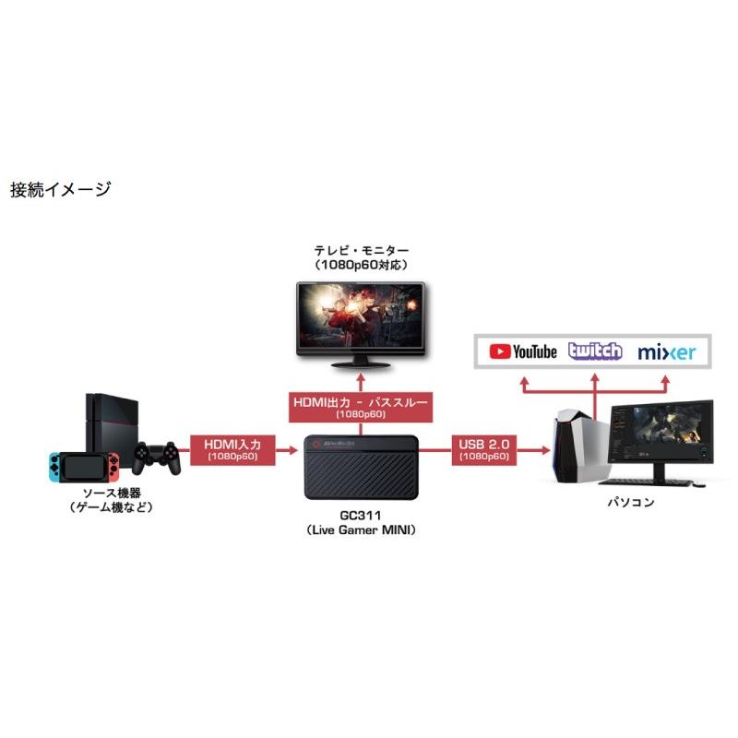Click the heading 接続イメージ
click(60, 190)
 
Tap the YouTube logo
click(523, 351)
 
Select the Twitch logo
click(595, 351)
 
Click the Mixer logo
click(666, 351)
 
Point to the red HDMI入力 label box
click(232, 448)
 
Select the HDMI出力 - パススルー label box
click(361, 406)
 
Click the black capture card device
click(362, 467)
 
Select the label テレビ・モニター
click(360, 250)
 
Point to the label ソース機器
click(110, 492)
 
